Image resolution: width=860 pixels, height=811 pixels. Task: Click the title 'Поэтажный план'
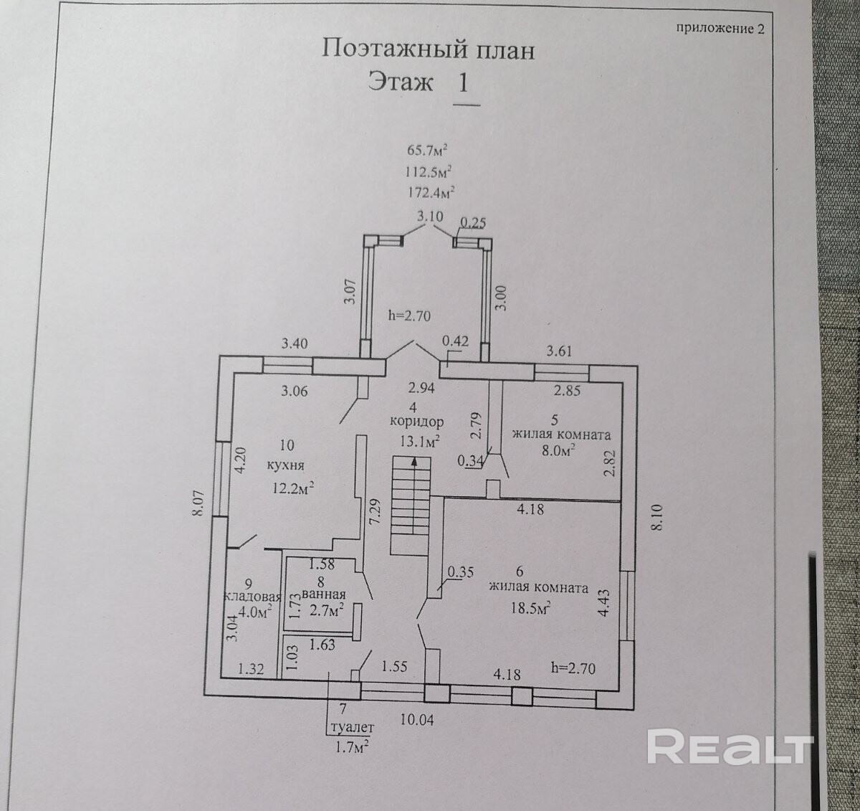[x=428, y=49]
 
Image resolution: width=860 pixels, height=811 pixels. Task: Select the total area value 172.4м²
[x=431, y=191]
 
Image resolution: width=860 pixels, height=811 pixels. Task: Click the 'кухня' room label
[x=285, y=465]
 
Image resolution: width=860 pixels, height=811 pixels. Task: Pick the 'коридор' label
[x=418, y=422]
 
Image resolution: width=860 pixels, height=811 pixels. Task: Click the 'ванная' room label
[x=323, y=594]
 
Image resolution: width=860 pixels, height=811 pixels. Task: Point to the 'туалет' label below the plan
[x=351, y=727]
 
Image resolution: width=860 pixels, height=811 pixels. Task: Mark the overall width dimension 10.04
[x=417, y=719]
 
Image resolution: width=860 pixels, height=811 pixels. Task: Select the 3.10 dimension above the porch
[x=430, y=216]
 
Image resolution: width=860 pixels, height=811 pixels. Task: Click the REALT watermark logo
[x=730, y=747]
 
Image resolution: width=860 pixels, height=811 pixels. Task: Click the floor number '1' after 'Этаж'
[x=464, y=82]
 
